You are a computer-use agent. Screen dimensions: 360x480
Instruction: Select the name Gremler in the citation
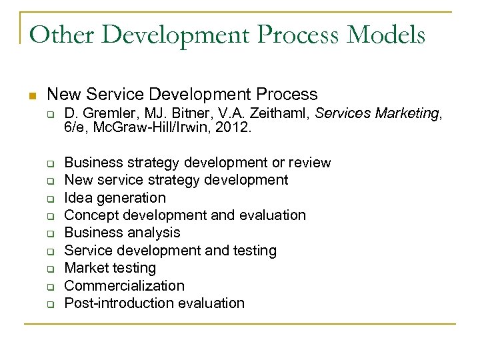pos(102,114)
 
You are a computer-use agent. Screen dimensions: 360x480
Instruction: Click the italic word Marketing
pos(407,114)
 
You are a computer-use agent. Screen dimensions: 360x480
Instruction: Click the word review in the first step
pos(309,163)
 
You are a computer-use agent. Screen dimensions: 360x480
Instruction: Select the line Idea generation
pos(115,197)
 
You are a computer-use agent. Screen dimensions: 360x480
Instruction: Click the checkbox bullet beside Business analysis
pos(49,233)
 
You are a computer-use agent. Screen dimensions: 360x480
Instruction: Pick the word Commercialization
pos(124,285)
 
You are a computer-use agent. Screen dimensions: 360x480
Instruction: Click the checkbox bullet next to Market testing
pos(49,269)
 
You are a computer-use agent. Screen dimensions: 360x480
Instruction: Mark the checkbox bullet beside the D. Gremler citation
pos(49,115)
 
